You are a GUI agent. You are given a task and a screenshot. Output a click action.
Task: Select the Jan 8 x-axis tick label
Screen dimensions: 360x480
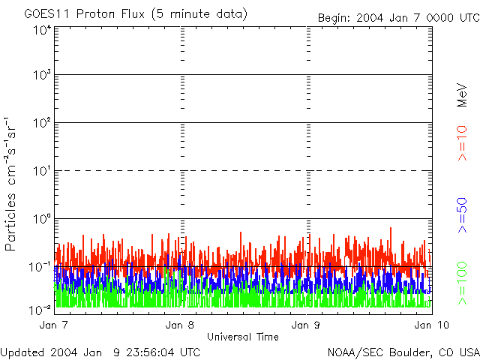181,325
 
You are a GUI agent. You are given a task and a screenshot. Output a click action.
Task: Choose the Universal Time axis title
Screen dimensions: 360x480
242,337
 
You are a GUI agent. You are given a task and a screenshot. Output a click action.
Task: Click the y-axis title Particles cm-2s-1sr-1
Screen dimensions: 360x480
11,183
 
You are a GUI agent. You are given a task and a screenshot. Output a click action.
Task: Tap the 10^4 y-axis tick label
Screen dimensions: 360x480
42,30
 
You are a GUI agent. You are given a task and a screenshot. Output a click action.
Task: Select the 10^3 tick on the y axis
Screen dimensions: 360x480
42,76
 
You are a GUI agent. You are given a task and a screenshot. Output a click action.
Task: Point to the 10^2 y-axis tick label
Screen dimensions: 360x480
42,123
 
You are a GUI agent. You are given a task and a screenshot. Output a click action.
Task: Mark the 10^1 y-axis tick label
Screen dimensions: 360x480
42,171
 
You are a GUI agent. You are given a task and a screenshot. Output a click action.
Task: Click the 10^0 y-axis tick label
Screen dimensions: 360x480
42,219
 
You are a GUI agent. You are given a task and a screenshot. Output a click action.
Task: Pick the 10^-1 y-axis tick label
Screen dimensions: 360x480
40,267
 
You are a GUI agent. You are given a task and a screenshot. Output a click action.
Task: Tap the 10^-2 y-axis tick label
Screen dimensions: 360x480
40,309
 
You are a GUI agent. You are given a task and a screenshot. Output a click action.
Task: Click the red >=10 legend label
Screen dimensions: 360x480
463,143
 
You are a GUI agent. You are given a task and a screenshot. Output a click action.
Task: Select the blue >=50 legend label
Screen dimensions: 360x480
463,216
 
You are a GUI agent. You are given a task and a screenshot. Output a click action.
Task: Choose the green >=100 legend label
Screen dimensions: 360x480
463,283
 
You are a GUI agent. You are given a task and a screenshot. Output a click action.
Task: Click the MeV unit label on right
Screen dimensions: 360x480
463,95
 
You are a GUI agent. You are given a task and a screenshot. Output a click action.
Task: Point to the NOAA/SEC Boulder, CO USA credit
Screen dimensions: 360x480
403,352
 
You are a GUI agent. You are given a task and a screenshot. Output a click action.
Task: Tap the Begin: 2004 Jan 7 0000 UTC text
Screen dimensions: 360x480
397,17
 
